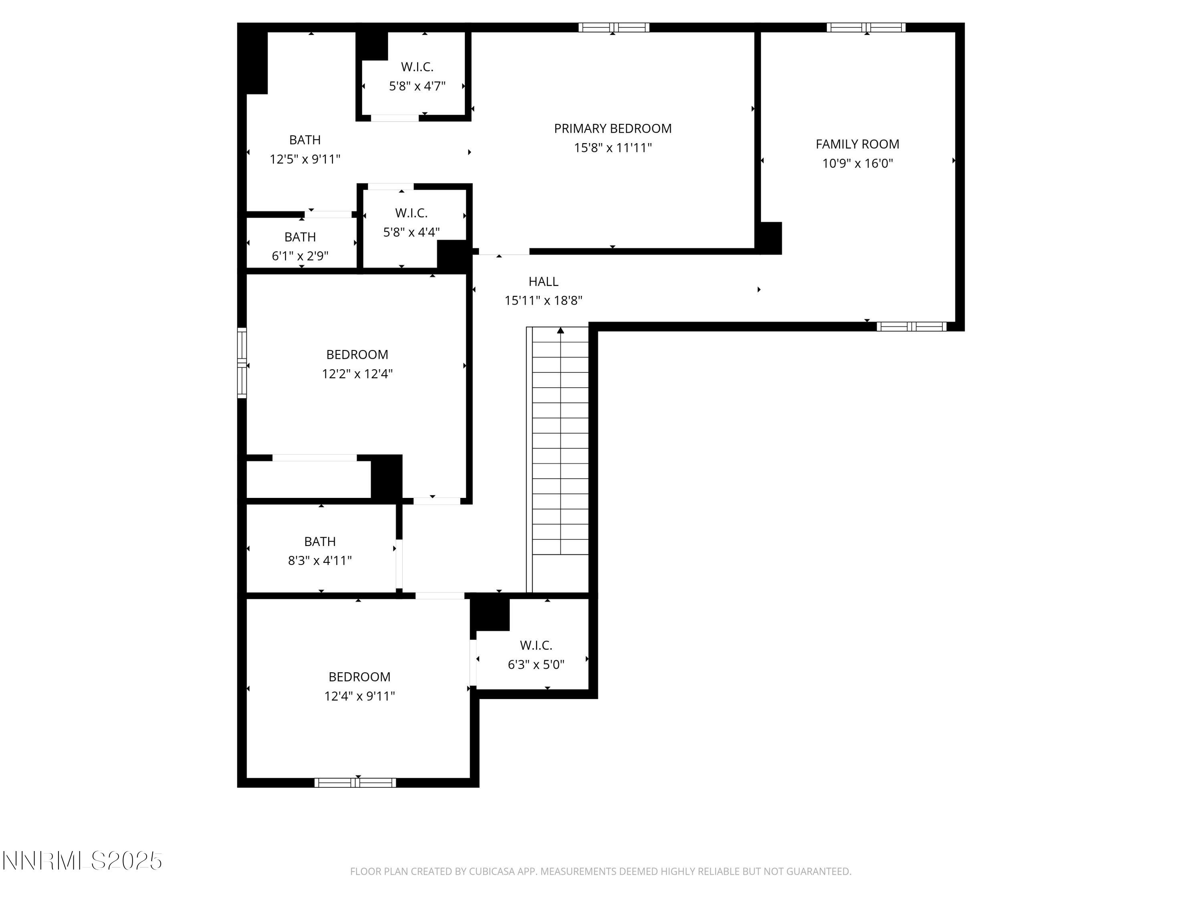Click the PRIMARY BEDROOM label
tap(612, 128)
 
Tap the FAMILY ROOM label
tap(857, 144)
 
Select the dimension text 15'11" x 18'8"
tap(543, 301)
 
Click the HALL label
tap(543, 282)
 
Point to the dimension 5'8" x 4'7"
tap(417, 86)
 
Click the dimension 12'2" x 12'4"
tap(357, 374)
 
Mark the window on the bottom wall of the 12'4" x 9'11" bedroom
tap(355, 783)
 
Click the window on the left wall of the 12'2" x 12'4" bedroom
tap(242, 363)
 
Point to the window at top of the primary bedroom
tap(613, 28)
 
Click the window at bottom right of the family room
tap(911, 327)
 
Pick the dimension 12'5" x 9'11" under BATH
tap(305, 159)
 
